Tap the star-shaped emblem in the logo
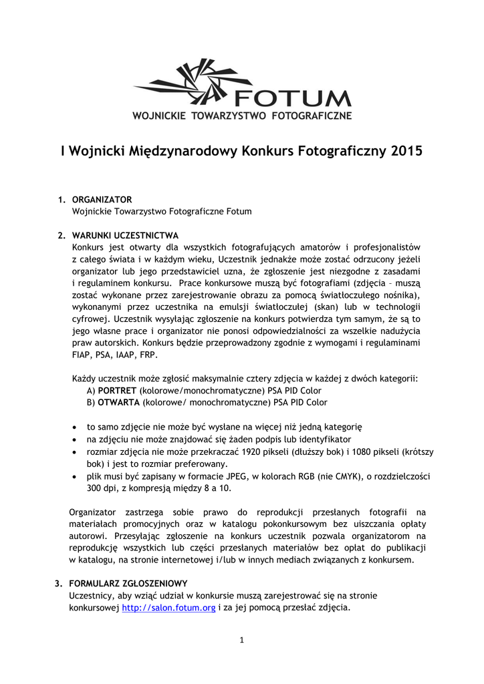click(x=201, y=83)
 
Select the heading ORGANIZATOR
click(x=102, y=199)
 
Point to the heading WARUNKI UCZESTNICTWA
click(x=125, y=235)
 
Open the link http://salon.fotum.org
click(x=168, y=608)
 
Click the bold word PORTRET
click(x=118, y=391)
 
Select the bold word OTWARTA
click(x=118, y=403)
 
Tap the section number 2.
click(x=61, y=235)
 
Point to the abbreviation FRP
click(x=148, y=355)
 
